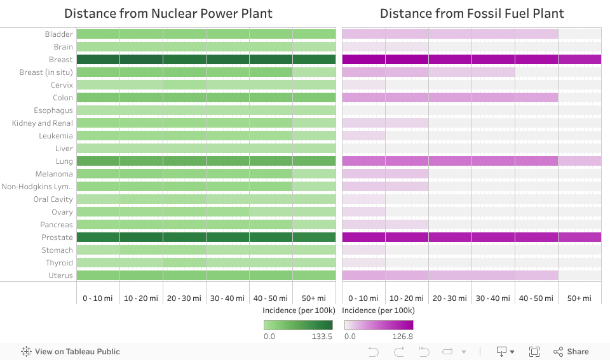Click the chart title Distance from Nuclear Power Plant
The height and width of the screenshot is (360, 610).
click(x=168, y=13)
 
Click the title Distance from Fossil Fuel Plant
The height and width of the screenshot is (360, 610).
click(x=471, y=13)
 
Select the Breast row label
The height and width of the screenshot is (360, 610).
click(x=61, y=60)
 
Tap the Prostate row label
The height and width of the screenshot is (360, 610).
click(x=57, y=237)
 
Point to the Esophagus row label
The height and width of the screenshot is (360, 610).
click(x=53, y=110)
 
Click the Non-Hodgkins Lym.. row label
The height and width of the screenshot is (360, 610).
click(x=37, y=187)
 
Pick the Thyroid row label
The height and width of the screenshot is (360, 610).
click(x=59, y=263)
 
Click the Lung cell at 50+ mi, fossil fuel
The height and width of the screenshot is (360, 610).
click(x=579, y=161)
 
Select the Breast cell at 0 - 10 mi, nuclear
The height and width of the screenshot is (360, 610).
click(x=98, y=60)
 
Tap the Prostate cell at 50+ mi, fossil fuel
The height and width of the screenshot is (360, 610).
click(x=579, y=237)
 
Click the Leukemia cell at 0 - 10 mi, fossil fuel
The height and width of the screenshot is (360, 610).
click(x=363, y=136)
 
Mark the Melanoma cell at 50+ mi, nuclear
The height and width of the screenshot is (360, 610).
click(x=314, y=174)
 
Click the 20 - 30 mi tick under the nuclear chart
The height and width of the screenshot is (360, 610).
click(x=184, y=298)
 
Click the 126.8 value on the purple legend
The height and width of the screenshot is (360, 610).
click(x=403, y=337)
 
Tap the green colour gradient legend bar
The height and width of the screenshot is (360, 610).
click(x=298, y=325)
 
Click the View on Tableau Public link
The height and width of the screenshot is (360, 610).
click(x=71, y=352)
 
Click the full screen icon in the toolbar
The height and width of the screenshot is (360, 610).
click(x=534, y=352)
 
